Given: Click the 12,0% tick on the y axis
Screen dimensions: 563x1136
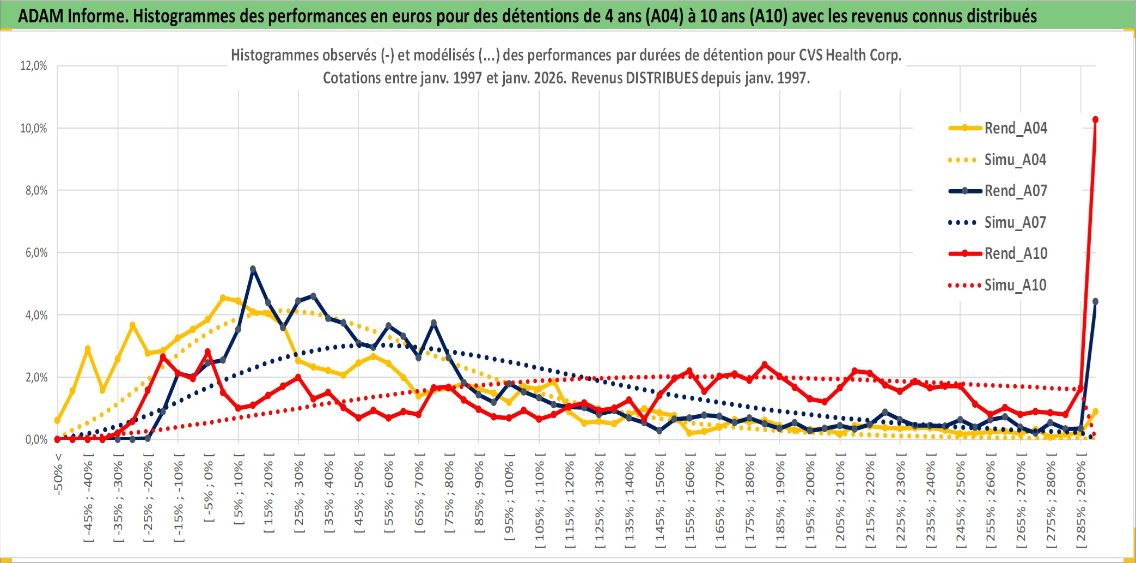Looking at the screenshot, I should click(x=34, y=66).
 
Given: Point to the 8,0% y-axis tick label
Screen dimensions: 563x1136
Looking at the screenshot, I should click(x=36, y=191).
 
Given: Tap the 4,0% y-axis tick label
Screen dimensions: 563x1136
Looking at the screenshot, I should click(x=36, y=315).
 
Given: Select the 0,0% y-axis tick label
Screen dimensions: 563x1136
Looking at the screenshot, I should click(x=36, y=439).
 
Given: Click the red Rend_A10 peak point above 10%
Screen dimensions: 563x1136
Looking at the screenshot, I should click(x=1095, y=120).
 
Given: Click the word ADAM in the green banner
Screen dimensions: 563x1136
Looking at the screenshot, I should click(x=41, y=16).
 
